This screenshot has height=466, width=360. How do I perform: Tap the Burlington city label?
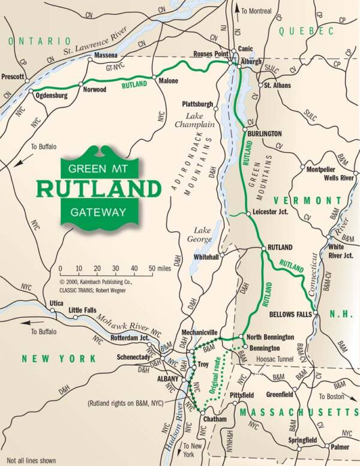click(265, 133)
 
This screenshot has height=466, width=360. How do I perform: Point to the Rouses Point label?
click(211, 53)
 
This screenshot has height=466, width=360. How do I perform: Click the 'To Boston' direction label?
click(333, 396)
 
